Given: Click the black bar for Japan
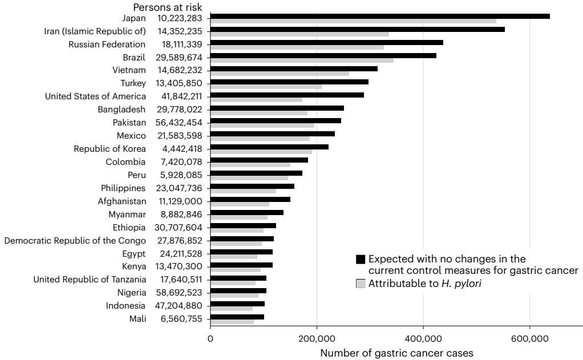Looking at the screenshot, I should pyautogui.click(x=379, y=16).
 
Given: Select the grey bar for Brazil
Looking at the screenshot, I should pyautogui.click(x=302, y=60).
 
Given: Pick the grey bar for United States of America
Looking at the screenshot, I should pyautogui.click(x=256, y=99).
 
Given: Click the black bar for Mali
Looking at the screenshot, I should pyautogui.click(x=237, y=316).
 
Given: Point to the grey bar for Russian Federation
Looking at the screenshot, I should pyautogui.click(x=297, y=47).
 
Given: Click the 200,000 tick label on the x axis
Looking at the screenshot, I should pyautogui.click(x=317, y=339).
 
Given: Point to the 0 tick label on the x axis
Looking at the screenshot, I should pyautogui.click(x=210, y=339).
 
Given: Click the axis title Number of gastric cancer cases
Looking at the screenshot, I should pyautogui.click(x=396, y=353).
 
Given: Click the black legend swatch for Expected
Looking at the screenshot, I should pyautogui.click(x=360, y=260).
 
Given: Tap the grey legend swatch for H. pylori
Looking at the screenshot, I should pyautogui.click(x=360, y=284).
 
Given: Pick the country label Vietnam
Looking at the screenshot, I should pyautogui.click(x=129, y=70).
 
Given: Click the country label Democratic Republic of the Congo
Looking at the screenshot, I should pyautogui.click(x=75, y=240).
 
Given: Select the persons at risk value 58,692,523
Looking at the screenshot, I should pyautogui.click(x=179, y=293).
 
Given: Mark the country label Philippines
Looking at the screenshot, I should pyautogui.click(x=123, y=188).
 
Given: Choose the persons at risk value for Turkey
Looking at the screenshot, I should pyautogui.click(x=179, y=83).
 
